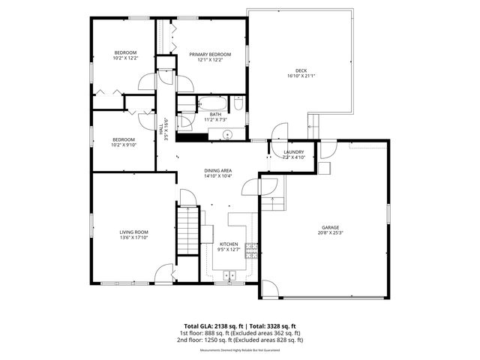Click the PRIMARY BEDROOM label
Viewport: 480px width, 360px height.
point(209,54)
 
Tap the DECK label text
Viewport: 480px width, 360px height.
point(301,70)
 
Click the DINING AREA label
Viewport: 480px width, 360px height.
point(218,170)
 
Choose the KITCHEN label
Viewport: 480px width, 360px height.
point(229,244)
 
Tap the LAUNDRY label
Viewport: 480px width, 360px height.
point(293,152)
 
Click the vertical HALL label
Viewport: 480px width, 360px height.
point(161,131)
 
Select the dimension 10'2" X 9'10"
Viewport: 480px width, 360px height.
point(124,145)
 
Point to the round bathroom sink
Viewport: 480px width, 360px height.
point(228,135)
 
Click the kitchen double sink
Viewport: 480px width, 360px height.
point(229,275)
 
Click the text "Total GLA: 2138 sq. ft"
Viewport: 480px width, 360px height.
point(208,327)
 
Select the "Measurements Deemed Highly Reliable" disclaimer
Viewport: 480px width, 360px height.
point(240,350)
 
